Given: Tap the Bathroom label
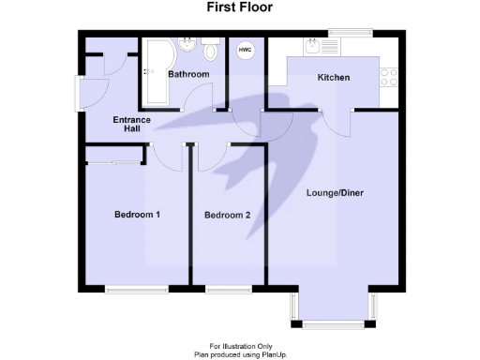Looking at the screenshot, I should [187, 74].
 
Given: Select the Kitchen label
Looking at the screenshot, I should [333, 78].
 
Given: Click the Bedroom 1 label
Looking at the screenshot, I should [137, 215].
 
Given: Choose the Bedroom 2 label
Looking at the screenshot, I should [227, 216].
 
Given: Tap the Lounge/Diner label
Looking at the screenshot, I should [335, 193].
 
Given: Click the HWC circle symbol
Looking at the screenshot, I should [245, 51].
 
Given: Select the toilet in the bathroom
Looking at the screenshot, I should [211, 45].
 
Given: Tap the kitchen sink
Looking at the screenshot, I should [337, 47].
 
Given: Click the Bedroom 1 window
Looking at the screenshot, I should [135, 289].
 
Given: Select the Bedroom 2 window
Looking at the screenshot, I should [229, 289].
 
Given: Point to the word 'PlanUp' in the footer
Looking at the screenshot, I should [271, 354].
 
